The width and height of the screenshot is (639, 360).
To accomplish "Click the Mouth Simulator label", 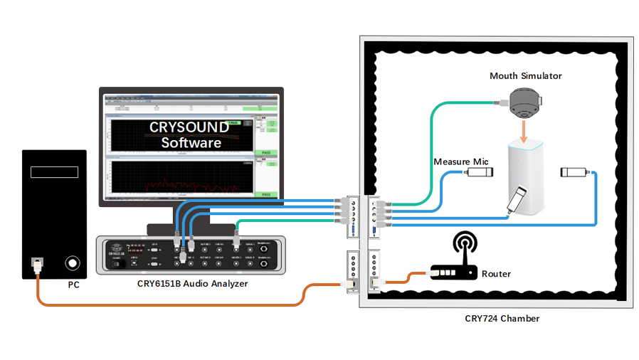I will coord(525,76).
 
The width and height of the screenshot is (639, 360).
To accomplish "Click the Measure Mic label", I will coord(461,162).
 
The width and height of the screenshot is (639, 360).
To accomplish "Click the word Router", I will coord(496,273).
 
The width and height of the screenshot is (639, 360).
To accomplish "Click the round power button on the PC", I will coord(73,263).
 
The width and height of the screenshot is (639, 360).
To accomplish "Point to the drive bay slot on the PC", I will coord(54,172).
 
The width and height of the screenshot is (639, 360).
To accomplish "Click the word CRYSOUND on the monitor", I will coord(189,127).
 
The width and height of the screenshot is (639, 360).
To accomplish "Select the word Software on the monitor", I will coord(191,143).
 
